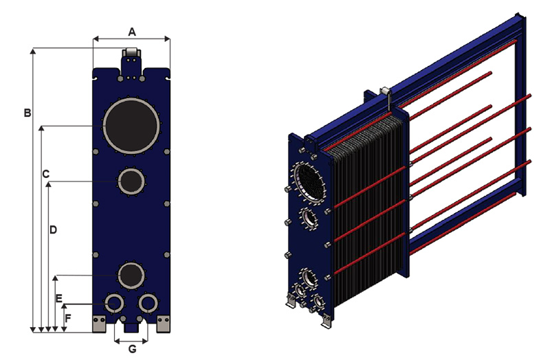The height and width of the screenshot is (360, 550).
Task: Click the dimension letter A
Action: tap(132, 30)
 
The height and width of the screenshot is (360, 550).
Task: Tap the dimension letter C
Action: tap(45, 175)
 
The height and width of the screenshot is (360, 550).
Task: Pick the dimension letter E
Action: tap(59, 297)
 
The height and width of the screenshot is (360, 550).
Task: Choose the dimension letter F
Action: tap(67, 318)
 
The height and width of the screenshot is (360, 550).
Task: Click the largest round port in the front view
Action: tap(131, 126)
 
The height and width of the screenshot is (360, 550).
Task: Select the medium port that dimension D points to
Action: tap(131, 181)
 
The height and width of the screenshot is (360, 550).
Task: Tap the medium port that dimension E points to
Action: tap(131, 275)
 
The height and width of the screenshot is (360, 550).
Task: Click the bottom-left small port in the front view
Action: tap(114, 302)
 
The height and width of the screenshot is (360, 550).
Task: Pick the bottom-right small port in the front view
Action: tap(148, 302)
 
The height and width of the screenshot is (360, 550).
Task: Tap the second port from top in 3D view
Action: tap(309, 220)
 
